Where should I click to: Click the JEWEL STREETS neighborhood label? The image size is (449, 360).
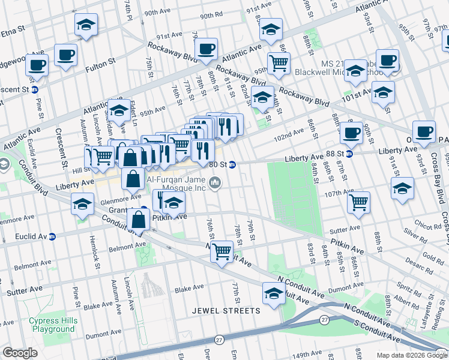[226, 311]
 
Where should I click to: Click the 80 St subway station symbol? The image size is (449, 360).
[232, 164]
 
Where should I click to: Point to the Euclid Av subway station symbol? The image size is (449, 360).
[52, 237]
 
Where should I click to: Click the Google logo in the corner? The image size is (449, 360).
[20, 353]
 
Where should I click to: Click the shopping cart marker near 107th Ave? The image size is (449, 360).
[358, 202]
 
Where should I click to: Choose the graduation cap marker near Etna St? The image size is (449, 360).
[86, 25]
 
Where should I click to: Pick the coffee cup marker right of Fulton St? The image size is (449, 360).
[65, 55]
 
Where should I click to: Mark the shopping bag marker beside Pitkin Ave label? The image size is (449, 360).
[138, 220]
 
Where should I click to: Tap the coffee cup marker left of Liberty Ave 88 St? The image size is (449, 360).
[351, 133]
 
